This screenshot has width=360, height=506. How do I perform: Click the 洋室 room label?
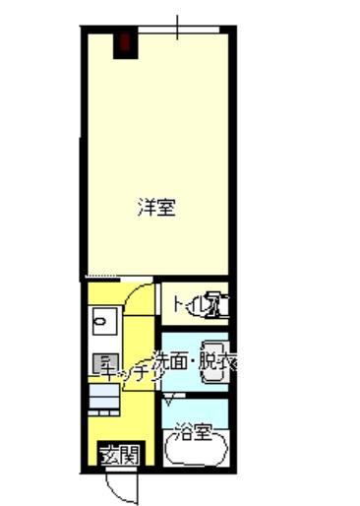point(156,208)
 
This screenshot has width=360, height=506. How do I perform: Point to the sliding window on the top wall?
point(178,29)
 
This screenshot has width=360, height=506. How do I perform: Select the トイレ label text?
point(188,304)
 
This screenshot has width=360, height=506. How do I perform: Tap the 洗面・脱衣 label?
point(192,360)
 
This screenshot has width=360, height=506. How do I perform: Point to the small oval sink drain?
point(98,322)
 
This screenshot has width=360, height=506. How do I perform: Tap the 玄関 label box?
point(120,455)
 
